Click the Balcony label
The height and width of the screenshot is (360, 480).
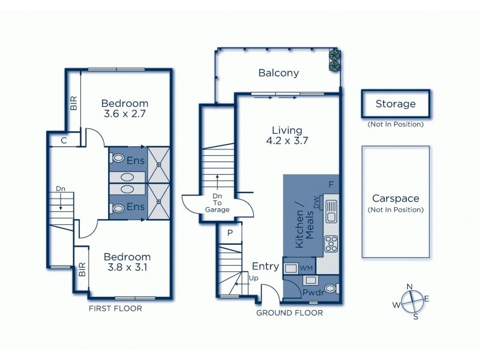(278, 73)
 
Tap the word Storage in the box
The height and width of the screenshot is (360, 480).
(395, 104)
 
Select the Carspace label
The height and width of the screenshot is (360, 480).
(395, 199)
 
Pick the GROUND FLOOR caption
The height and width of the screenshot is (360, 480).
(289, 313)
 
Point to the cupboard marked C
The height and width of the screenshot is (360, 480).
(63, 141)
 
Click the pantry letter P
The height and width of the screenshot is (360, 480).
(230, 233)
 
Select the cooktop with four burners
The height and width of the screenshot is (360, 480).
(331, 242)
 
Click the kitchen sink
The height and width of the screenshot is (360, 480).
(331, 210)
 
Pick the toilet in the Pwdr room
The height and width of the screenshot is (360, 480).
(331, 289)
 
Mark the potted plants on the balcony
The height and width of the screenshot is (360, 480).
(334, 58)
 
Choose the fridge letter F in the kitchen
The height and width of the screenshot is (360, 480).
(330, 184)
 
